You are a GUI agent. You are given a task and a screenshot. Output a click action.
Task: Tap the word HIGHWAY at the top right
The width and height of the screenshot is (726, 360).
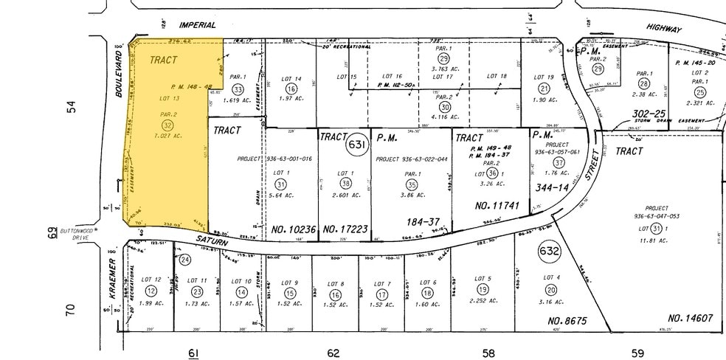click(x=664, y=27)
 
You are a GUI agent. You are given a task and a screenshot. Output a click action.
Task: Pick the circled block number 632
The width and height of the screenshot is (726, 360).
click(x=550, y=252)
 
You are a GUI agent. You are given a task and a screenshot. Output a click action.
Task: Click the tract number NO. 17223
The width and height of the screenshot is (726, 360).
click(x=344, y=230)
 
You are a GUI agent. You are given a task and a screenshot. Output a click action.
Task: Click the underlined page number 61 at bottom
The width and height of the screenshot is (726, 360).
click(x=193, y=353)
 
